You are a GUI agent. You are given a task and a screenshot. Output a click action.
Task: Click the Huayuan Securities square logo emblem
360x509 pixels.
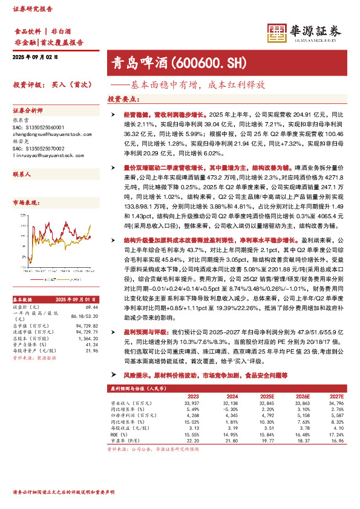coord(277,33)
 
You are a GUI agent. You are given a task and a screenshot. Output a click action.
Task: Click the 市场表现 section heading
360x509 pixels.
coord(25,204)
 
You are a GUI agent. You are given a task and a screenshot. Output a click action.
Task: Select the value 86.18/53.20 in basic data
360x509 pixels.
coord(85,316)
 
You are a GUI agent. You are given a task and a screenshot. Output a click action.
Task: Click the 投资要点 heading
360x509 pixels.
coord(122,99)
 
